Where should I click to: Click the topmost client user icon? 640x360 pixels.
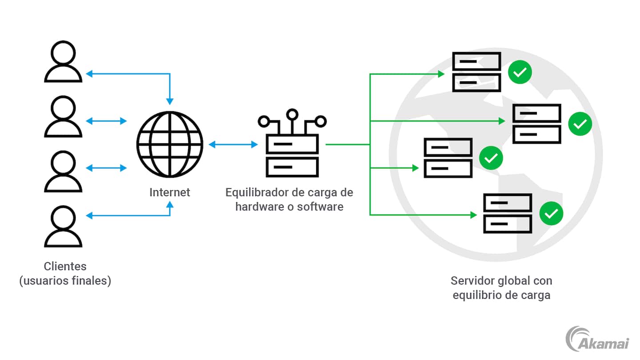coord(63,62)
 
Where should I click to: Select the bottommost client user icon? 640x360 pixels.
coord(63,227)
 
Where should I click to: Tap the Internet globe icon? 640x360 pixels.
coord(169,144)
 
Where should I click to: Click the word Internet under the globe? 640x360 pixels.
coord(169,192)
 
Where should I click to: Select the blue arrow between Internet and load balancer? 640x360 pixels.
coord(233,144)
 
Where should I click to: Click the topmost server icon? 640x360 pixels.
coord(476,72)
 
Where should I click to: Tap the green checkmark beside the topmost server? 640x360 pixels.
coord(520,72)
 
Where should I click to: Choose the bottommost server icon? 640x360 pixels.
coord(508,213)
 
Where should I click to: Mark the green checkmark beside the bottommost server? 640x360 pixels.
coord(551,214)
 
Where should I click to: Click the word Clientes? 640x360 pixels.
coord(65,266)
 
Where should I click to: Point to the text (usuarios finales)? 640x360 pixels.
coord(65,281)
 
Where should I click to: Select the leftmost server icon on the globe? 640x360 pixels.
coord(448,158)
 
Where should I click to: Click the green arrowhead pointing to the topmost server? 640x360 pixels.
coord(441,74)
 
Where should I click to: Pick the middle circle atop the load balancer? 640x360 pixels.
coord(292,115)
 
